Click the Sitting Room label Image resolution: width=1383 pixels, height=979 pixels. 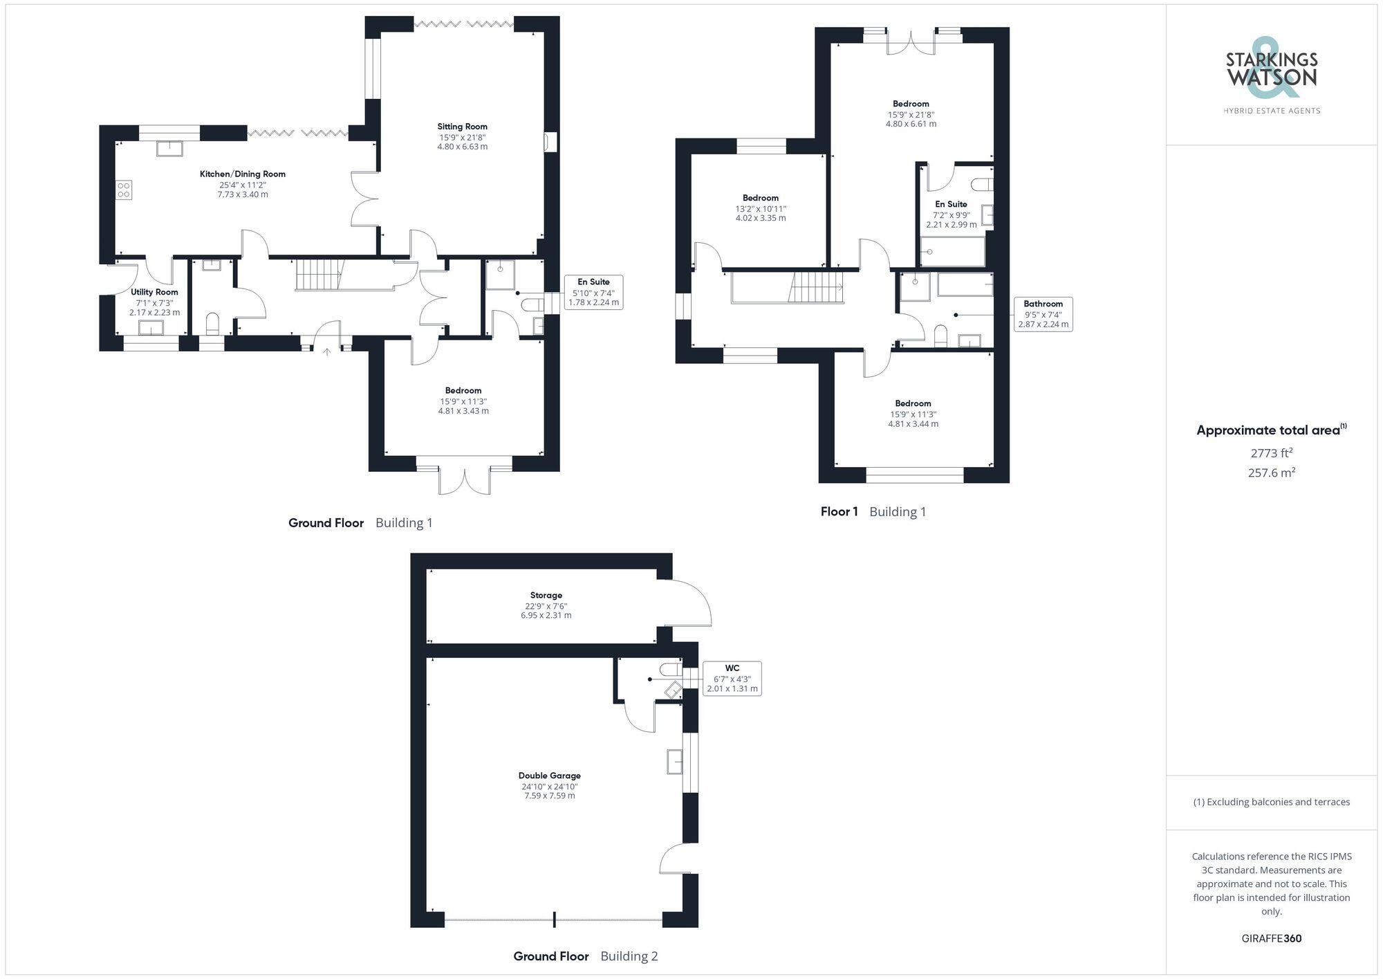[x=462, y=127]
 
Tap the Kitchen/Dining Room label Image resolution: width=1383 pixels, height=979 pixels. [x=242, y=174]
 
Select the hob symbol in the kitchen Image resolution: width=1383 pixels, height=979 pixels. [x=124, y=190]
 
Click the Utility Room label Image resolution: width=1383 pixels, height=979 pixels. [x=154, y=293]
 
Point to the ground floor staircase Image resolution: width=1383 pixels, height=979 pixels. [x=320, y=275]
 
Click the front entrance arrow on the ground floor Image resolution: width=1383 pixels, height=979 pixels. [x=327, y=352]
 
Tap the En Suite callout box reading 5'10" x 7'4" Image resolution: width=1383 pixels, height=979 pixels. [x=593, y=292]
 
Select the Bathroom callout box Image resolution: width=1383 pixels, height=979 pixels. [x=1043, y=314]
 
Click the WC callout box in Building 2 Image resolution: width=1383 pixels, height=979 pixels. [x=732, y=678]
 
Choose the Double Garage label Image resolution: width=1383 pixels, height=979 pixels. [x=549, y=776]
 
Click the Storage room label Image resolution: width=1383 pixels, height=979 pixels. [x=546, y=595]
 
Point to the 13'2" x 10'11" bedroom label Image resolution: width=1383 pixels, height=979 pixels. [x=760, y=199]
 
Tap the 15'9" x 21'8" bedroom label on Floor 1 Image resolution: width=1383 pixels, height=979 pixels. [x=911, y=104]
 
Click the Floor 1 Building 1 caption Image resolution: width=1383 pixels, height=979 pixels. [x=873, y=512]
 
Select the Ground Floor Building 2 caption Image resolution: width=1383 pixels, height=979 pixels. [x=585, y=956]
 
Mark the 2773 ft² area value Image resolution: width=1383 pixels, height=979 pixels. [x=1271, y=453]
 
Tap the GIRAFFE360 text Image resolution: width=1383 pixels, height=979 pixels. [x=1271, y=939]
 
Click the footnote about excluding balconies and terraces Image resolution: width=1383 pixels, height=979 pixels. [x=1271, y=803]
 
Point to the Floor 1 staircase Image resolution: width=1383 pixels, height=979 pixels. [x=816, y=287]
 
